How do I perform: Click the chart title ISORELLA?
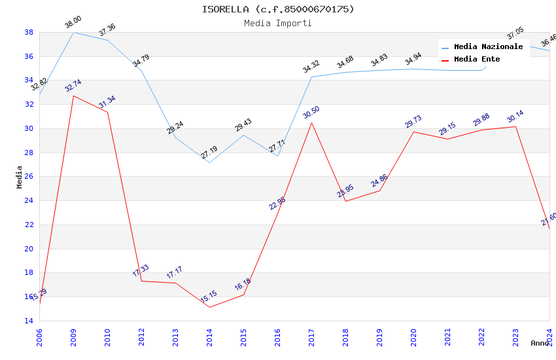click(278, 9)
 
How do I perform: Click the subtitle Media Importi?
click(278, 23)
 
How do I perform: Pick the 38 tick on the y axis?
click(29, 32)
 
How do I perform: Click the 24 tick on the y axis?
click(29, 201)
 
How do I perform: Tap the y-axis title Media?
click(20, 177)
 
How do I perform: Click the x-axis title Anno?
click(540, 343)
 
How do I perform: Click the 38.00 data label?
click(73, 24)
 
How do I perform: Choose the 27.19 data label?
click(209, 153)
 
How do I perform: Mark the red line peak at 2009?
click(73, 96)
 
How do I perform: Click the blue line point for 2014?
click(209, 162)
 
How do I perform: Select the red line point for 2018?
click(345, 201)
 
